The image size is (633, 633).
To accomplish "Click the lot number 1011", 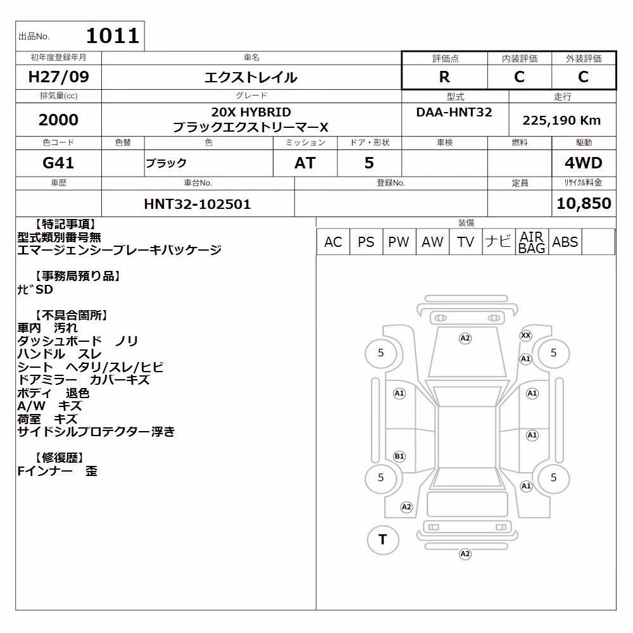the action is click(x=113, y=36).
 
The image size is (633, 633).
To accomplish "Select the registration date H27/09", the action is click(x=58, y=77).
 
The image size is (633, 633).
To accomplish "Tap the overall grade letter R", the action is click(x=444, y=77).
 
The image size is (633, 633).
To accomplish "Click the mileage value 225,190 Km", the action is click(x=561, y=120).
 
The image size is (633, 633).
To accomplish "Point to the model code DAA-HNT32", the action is click(x=454, y=112).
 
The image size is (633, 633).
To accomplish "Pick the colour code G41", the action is click(x=58, y=163).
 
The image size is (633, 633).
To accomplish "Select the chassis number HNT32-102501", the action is click(x=197, y=204).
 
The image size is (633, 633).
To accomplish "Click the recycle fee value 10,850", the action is click(x=584, y=203).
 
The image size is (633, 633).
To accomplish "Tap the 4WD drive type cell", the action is click(x=584, y=163).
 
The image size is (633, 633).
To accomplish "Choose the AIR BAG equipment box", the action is click(x=532, y=242).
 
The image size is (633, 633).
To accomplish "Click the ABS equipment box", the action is click(x=565, y=242).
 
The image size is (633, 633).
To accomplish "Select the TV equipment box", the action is click(x=465, y=242).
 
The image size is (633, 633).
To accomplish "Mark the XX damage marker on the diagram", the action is click(x=525, y=335).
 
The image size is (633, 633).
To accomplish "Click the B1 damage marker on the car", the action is click(x=399, y=456).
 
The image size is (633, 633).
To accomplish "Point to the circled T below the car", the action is click(x=383, y=540).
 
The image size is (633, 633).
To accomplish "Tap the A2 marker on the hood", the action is click(x=465, y=338).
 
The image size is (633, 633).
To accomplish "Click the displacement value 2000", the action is click(x=58, y=120).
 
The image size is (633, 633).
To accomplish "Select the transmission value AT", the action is click(x=305, y=163).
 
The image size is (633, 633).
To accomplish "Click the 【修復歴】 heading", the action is click(x=58, y=458).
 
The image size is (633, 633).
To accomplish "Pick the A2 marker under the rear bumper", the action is click(x=465, y=554).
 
